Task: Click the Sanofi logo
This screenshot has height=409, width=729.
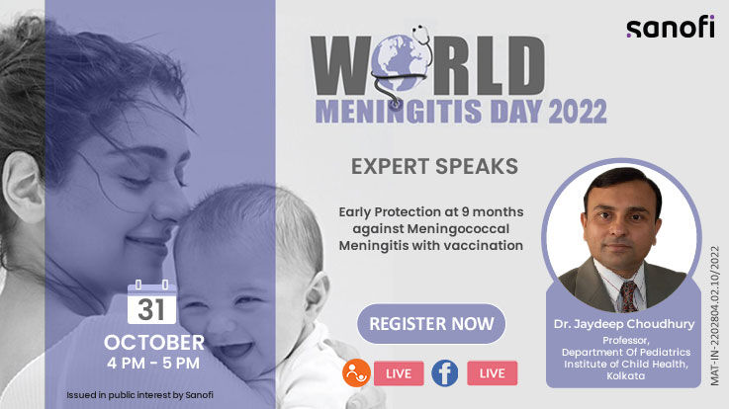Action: click(670, 28)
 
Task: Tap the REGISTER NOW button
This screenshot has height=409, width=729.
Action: click(431, 323)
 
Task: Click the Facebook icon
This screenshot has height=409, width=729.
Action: click(444, 372)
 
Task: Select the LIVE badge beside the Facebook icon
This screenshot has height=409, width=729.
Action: click(492, 372)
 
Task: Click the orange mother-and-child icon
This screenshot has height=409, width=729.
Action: click(356, 372)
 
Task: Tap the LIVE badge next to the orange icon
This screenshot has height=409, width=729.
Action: click(399, 372)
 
